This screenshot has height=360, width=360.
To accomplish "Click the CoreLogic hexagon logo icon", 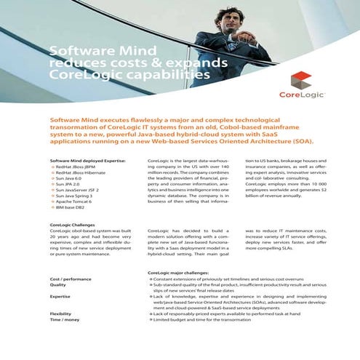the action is tap(301, 81).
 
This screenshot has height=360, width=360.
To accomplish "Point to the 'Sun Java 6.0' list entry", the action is tap(71, 180).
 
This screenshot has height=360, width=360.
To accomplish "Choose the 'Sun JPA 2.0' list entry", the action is tap(70, 185).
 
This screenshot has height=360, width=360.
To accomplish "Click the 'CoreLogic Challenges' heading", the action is tap(74, 225).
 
